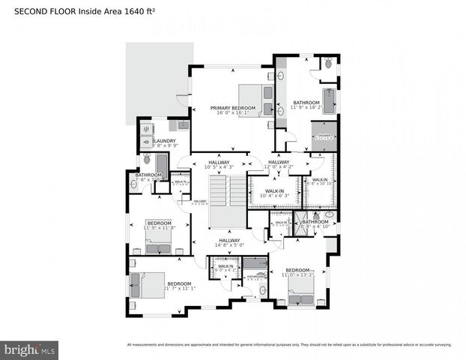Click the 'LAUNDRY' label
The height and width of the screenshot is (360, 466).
[164, 142]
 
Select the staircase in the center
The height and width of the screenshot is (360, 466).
[227, 201]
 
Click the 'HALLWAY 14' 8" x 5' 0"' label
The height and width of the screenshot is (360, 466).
[230, 242]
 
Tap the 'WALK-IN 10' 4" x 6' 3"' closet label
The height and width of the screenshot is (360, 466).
[274, 193]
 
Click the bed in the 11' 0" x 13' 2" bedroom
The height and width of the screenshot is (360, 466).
[301, 297]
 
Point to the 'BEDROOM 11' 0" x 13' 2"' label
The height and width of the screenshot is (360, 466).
[297, 271]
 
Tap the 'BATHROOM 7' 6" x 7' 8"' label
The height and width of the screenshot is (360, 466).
[148, 177]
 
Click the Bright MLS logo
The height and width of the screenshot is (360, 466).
[30, 349]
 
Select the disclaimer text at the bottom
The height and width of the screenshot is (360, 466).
[288, 345]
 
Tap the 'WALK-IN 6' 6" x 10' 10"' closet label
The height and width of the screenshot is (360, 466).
[319, 181]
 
